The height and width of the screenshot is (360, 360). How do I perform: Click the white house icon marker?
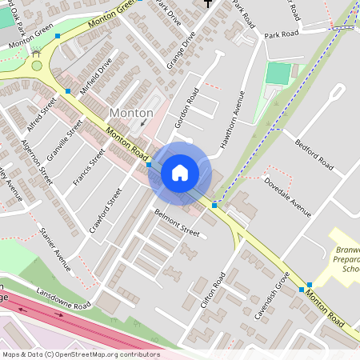[180, 172]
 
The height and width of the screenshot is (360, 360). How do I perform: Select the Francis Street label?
[88, 167]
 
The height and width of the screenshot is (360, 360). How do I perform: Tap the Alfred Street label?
[42, 114]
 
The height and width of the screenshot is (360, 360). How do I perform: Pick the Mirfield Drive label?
[96, 75]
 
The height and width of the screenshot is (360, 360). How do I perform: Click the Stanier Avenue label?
[55, 249]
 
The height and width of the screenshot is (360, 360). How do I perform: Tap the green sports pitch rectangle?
[278, 74]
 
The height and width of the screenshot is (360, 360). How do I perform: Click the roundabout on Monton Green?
[36, 66]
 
